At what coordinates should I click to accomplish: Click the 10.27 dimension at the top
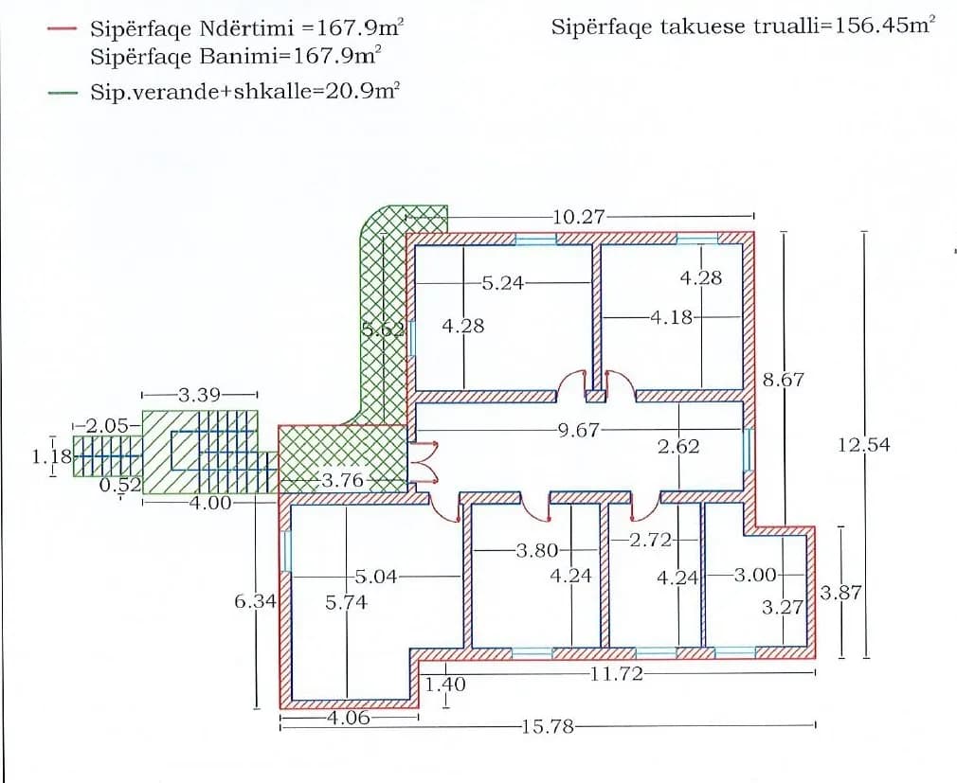578,217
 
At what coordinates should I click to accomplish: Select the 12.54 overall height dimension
864,444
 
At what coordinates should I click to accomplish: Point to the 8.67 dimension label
783,381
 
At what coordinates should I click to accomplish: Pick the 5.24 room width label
502,282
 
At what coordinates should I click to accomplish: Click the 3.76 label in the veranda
343,481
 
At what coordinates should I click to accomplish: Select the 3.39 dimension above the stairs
200,395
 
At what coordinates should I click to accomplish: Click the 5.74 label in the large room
346,602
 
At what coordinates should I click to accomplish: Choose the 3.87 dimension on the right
840,594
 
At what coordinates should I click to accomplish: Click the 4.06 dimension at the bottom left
348,718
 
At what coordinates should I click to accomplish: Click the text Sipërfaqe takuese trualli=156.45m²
742,27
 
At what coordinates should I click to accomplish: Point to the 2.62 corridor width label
678,447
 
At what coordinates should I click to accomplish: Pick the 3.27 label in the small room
783,607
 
